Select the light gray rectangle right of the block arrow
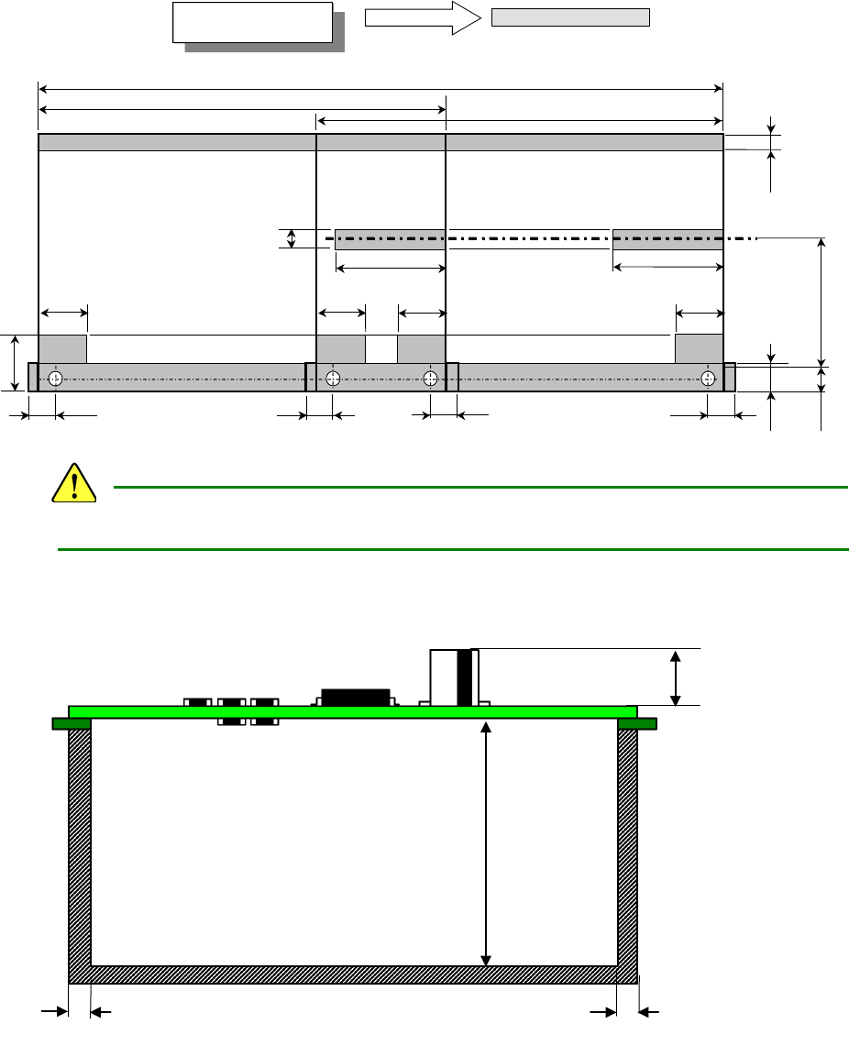click(x=570, y=17)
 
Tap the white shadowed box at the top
click(x=252, y=22)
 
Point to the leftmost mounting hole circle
click(x=56, y=379)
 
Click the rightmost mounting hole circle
click(x=708, y=379)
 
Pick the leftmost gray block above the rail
click(x=62, y=349)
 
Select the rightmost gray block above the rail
click(x=699, y=349)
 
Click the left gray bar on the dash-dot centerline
click(x=390, y=239)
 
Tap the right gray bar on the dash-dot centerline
click(x=667, y=239)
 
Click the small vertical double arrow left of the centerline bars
click(x=292, y=239)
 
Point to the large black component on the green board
click(x=355, y=697)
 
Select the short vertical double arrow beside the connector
click(x=676, y=678)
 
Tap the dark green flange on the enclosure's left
click(x=71, y=723)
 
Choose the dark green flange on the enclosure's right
click(x=637, y=723)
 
